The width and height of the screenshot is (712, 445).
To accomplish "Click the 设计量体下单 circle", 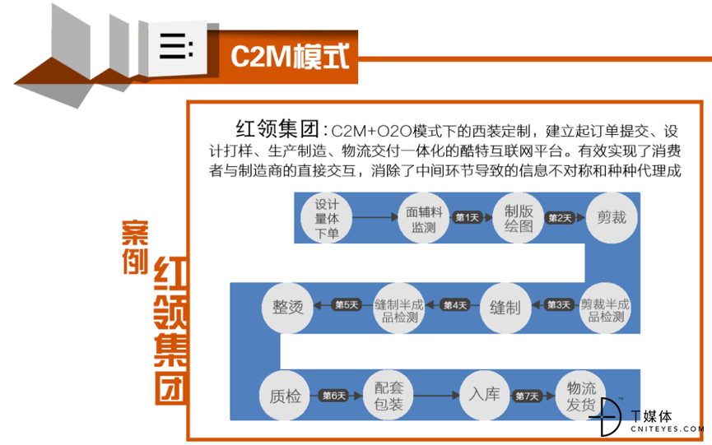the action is point(327,218).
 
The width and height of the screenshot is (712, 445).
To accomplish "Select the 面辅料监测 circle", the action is point(424,218).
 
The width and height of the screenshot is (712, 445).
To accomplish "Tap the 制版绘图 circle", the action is point(518,218).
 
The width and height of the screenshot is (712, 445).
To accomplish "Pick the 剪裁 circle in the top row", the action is point(612,218).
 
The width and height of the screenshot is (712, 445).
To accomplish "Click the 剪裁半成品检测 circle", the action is point(605,308).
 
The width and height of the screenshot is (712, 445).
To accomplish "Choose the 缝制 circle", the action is point(505,308).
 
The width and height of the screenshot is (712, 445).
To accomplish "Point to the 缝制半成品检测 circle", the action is point(399,308).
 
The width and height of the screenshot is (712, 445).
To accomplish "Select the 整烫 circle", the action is point(287,308).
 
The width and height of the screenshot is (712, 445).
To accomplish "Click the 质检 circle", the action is point(285,396).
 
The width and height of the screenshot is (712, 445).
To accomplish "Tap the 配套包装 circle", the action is point(389,396).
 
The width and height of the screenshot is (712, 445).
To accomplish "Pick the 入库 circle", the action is point(485,395).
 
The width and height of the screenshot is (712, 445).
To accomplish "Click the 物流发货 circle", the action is point(581,396).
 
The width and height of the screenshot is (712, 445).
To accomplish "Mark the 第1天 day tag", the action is point(468,218).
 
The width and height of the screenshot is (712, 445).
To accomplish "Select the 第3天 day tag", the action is point(559,305).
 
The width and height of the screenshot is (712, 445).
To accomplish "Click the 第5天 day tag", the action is point(347,305).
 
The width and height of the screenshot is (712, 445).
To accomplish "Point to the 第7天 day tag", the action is point(527,396).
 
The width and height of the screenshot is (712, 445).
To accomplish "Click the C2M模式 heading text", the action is point(290,57).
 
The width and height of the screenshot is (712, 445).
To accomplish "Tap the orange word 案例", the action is point(135,248).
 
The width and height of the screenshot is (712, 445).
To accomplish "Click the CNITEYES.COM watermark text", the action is point(667,429).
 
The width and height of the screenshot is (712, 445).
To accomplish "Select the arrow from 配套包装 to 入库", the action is point(437,396).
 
